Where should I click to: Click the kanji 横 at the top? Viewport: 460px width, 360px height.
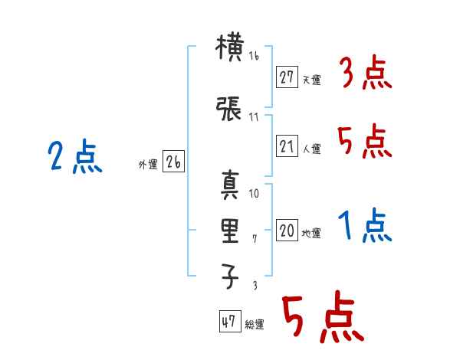[229, 47]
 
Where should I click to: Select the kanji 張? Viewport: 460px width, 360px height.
[228, 108]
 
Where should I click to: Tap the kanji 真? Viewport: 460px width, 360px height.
[230, 185]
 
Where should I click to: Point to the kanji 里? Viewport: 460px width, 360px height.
[230, 231]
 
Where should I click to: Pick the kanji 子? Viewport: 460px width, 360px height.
[230, 276]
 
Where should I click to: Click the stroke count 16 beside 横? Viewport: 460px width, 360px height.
[254, 55]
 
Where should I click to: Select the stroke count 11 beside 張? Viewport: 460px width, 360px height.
[254, 117]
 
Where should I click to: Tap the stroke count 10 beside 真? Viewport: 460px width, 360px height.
[254, 194]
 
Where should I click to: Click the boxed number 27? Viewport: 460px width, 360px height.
[287, 77]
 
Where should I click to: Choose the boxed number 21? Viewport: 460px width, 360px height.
[287, 146]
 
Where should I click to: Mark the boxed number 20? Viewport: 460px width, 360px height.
[287, 230]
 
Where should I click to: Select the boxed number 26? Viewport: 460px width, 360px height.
[173, 162]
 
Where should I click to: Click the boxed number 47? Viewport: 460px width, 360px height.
[230, 321]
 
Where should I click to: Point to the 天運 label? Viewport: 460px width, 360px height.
[311, 80]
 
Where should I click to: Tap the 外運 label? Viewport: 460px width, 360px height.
[148, 164]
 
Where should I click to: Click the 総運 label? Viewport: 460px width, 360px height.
[254, 324]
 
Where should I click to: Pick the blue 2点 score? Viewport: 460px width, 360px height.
[75, 156]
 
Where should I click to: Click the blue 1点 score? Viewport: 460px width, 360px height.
[365, 225]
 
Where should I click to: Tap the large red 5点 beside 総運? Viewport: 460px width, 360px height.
[324, 316]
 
